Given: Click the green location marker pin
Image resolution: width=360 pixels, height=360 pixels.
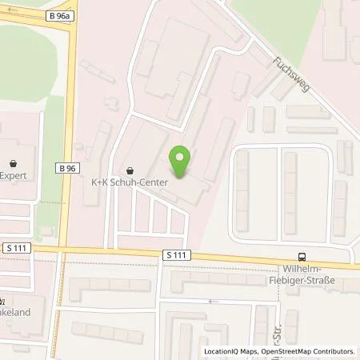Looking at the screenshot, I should click(x=183, y=159).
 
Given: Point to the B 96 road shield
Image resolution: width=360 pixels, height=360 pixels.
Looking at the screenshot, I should click(x=67, y=168).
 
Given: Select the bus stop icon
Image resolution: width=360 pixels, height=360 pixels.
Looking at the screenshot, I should click(x=302, y=257).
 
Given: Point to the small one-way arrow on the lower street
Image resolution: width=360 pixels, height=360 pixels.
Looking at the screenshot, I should click(x=211, y=301).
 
